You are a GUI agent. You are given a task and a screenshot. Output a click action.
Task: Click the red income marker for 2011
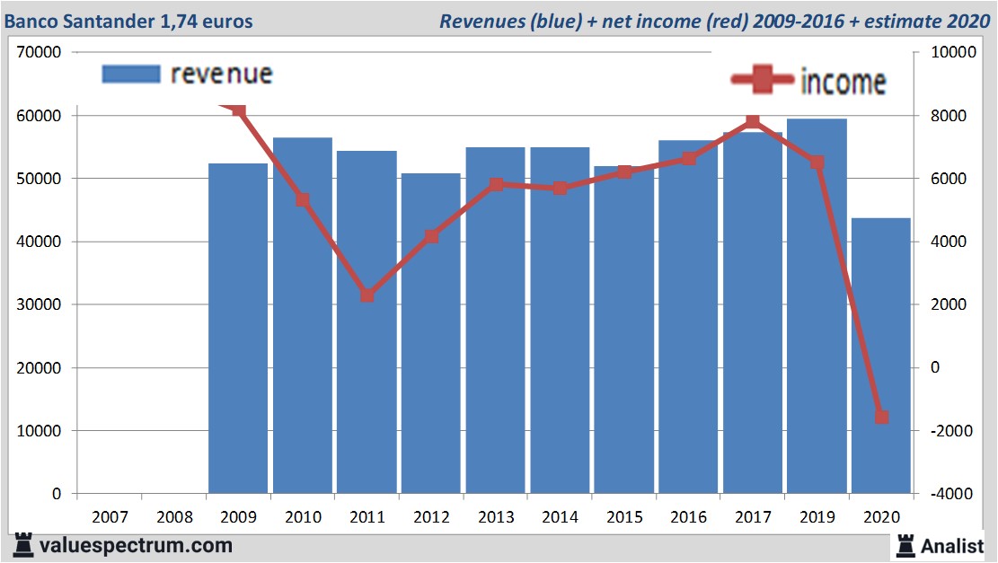[x=367, y=295]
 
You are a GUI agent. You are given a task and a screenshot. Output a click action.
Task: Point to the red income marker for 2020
[x=881, y=417]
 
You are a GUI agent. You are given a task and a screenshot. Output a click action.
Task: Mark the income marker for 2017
[x=753, y=121]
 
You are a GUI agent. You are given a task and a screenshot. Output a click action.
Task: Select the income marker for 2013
[x=496, y=185]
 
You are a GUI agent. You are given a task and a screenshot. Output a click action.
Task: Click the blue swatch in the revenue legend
[x=131, y=74]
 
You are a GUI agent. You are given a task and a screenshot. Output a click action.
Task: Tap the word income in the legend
[x=843, y=83]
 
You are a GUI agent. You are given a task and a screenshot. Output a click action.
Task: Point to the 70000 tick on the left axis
[x=38, y=53]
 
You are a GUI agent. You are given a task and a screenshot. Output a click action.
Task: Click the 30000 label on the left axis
[x=38, y=305]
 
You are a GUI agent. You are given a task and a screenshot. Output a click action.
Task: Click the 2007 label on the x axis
[x=110, y=517]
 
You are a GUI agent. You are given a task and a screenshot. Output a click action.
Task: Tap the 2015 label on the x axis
[x=624, y=517]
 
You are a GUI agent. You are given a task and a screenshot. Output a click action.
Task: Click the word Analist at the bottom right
[x=953, y=545]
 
